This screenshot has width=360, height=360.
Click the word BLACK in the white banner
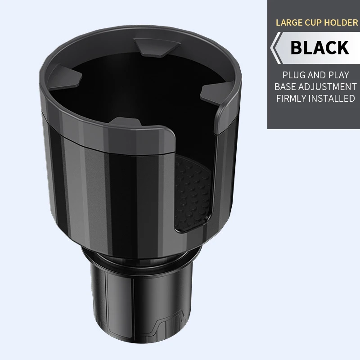click(319, 48)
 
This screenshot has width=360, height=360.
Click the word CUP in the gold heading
click(316, 22)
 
